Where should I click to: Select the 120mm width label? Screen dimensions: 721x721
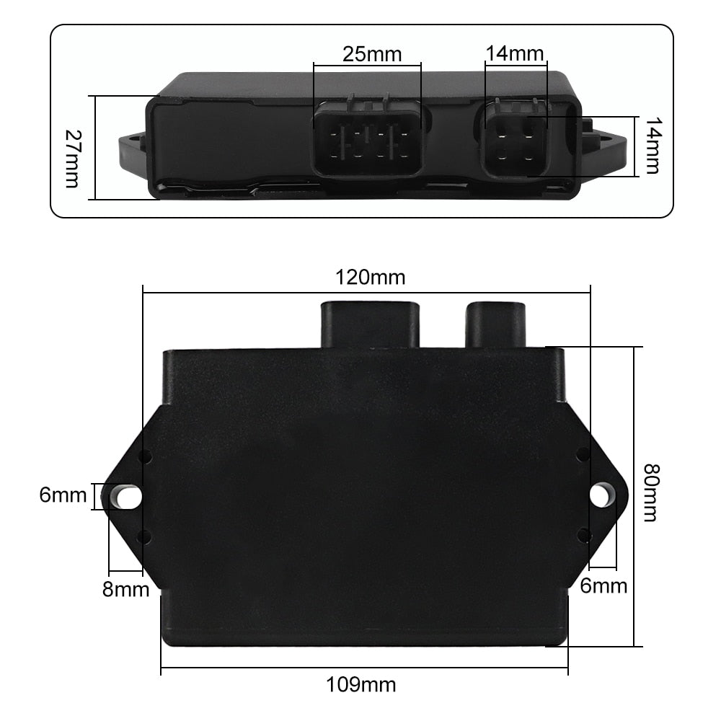click(371, 277)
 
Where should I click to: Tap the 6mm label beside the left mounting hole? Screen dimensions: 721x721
click(63, 495)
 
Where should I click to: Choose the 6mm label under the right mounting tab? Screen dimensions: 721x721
click(603, 585)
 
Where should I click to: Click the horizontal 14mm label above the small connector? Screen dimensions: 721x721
click(515, 53)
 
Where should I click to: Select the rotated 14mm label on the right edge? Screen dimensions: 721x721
click(652, 146)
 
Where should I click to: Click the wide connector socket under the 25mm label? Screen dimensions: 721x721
click(368, 141)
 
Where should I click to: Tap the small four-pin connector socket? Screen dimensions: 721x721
click(515, 140)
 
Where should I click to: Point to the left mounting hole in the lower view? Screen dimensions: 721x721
click(127, 496)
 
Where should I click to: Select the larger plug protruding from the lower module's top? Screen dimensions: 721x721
click(370, 324)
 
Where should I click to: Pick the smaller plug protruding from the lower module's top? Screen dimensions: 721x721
click(496, 324)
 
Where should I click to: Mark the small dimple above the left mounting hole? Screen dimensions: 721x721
click(145, 456)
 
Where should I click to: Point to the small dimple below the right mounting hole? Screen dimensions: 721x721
click(584, 534)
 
